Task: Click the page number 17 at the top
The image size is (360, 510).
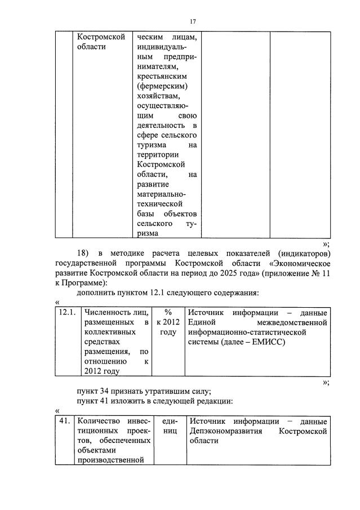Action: (x=192, y=21)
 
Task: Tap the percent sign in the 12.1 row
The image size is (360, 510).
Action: (x=167, y=312)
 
